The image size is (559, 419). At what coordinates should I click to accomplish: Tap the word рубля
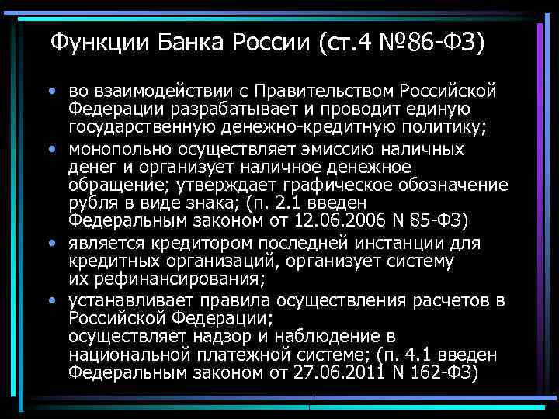click(x=91, y=203)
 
